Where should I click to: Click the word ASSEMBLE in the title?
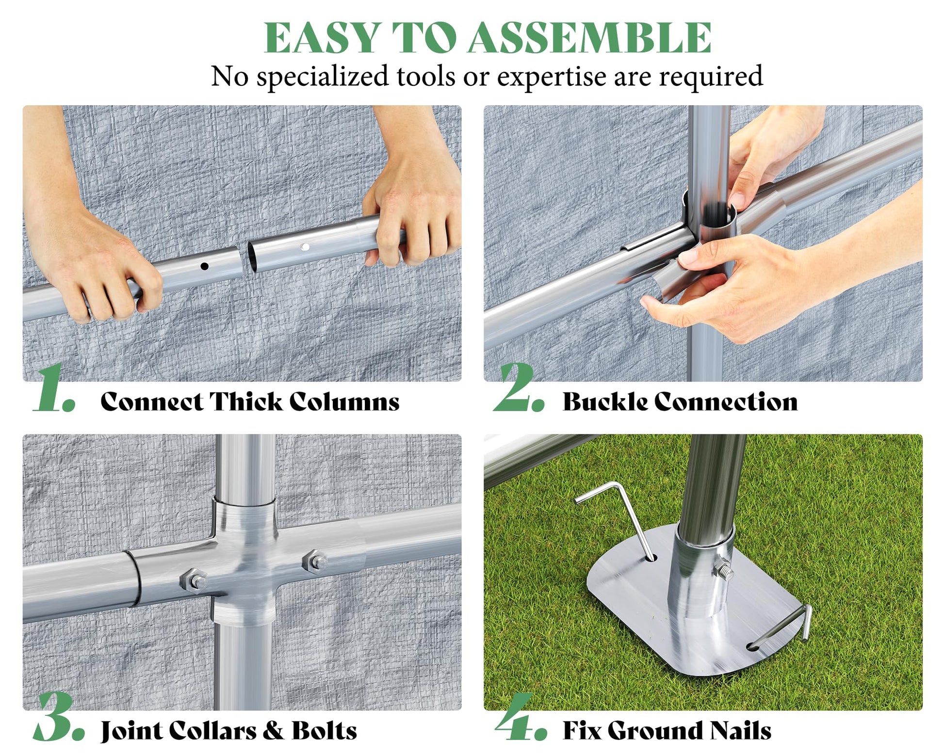(x=589, y=38)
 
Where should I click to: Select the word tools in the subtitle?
(x=425, y=77)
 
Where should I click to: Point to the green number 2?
(x=519, y=387)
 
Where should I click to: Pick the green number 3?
(x=59, y=717)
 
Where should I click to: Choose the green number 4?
(x=521, y=717)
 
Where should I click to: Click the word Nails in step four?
(x=740, y=731)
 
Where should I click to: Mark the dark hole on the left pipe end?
(x=204, y=266)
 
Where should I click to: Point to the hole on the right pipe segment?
(x=305, y=247)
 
